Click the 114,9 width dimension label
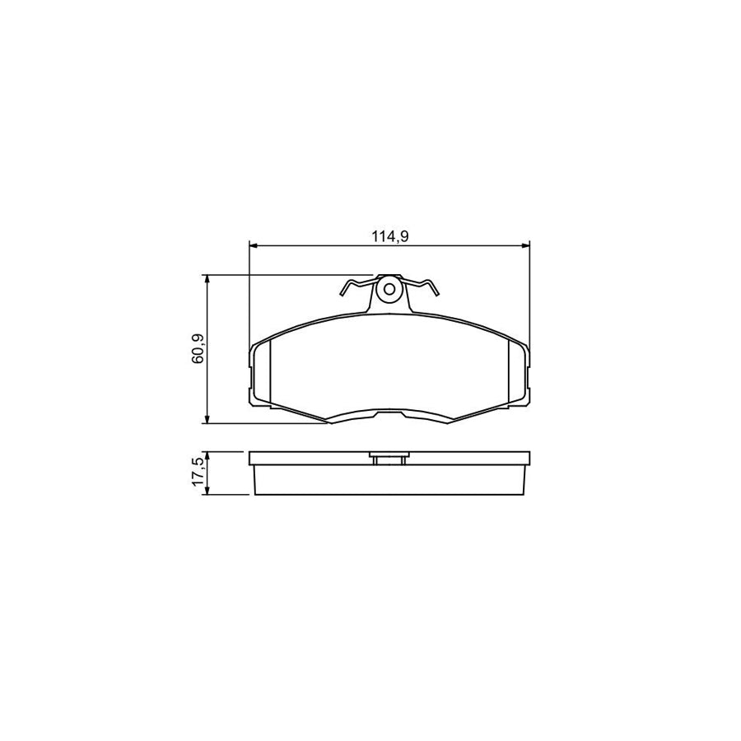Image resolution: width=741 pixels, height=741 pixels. pos(389,236)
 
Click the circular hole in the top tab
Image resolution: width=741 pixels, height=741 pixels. pos(389,289)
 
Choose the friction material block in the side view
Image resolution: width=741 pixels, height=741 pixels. pos(389,480)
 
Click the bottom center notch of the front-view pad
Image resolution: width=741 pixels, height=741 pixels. pos(389,413)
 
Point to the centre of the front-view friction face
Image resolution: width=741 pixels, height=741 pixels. pos(389,366)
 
